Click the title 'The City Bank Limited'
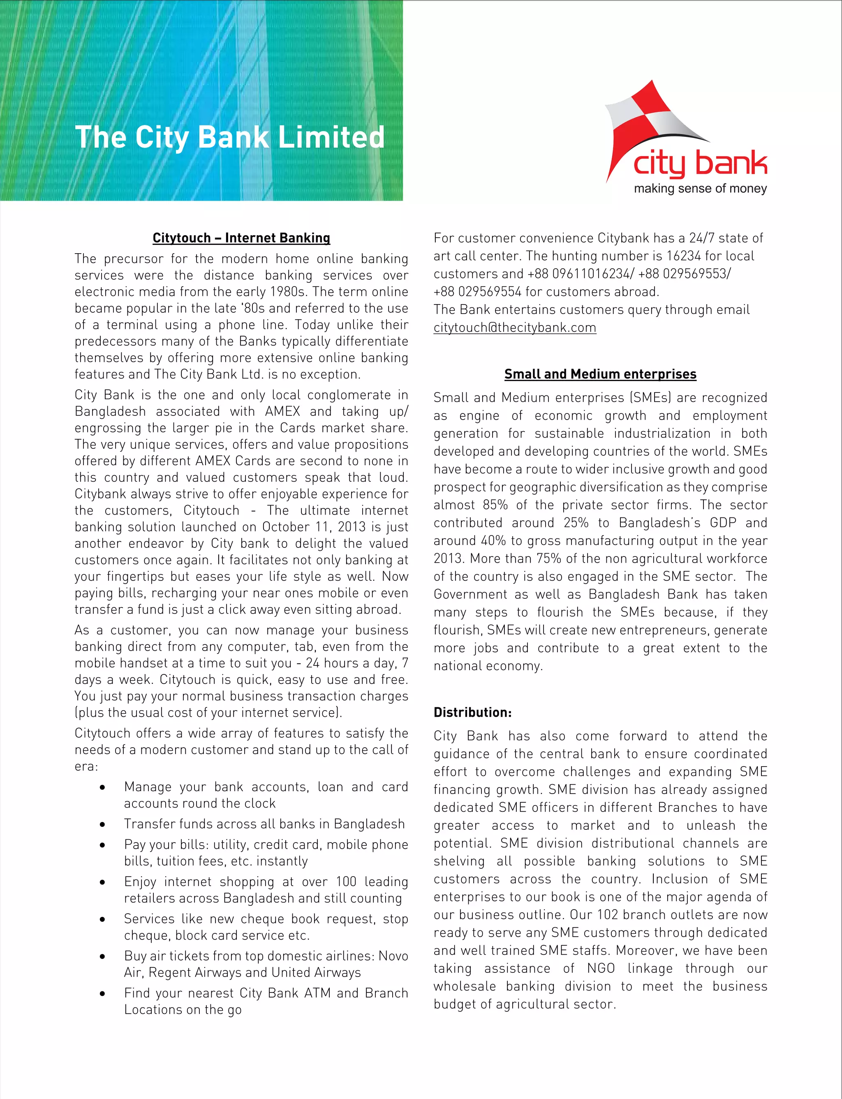pyautogui.click(x=229, y=137)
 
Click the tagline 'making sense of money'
pyautogui.click(x=700, y=189)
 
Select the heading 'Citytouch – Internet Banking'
pyautogui.click(x=241, y=238)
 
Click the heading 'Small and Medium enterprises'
pyautogui.click(x=600, y=374)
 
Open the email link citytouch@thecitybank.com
pyautogui.click(x=515, y=328)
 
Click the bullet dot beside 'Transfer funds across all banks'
pyautogui.click(x=102, y=824)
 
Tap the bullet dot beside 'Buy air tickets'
pyautogui.click(x=102, y=956)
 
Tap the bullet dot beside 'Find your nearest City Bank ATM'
pyautogui.click(x=102, y=993)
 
